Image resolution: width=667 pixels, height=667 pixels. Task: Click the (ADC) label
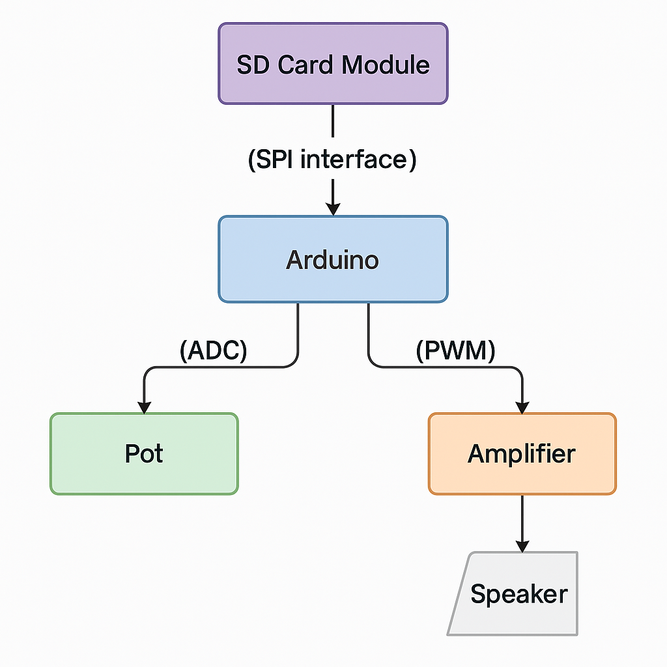pos(213,351)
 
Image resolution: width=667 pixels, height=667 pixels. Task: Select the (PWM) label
pos(455,351)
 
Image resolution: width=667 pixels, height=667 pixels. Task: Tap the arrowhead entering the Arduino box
pos(333,208)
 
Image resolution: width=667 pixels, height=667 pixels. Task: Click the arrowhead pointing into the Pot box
pos(144,406)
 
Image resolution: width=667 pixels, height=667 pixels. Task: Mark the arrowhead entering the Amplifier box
pos(522,406)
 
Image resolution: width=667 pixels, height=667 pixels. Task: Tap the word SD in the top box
pos(253,65)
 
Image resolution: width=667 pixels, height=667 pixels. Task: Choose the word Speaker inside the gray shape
pos(519,594)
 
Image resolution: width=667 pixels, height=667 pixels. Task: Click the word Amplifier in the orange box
pos(522,453)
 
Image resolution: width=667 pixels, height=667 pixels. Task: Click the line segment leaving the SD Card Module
pos(333,124)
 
